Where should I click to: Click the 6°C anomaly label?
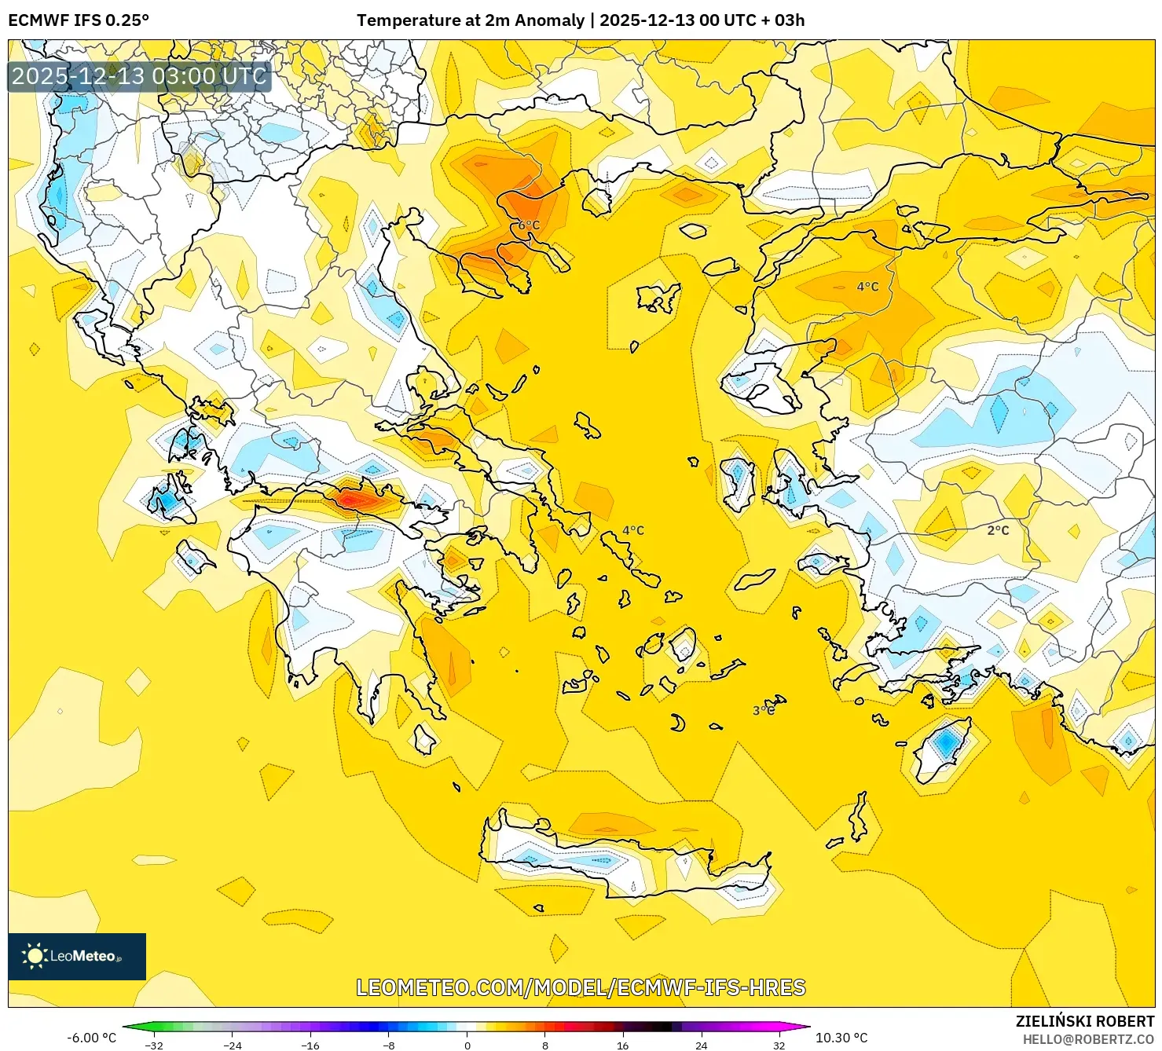tap(529, 225)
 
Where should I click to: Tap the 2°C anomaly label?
tap(998, 530)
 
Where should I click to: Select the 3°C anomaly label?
tap(764, 710)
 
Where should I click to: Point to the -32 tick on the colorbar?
tap(155, 1045)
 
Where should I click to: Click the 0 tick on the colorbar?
tap(467, 1045)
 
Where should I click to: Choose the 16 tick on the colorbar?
tap(623, 1045)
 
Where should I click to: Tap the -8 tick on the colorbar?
tap(389, 1045)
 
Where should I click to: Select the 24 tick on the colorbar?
tap(701, 1045)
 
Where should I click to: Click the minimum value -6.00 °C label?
tap(91, 1038)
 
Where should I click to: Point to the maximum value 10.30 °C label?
tap(841, 1038)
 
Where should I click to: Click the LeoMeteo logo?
tap(77, 956)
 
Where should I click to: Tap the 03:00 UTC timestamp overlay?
tap(139, 76)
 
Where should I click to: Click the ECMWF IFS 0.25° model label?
tap(79, 20)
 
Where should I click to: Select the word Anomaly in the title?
tap(555, 20)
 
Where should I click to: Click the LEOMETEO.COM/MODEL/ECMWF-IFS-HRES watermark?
tap(581, 987)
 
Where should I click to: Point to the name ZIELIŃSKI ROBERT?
tap(1084, 1021)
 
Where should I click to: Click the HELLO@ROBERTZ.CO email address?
tap(1088, 1039)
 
